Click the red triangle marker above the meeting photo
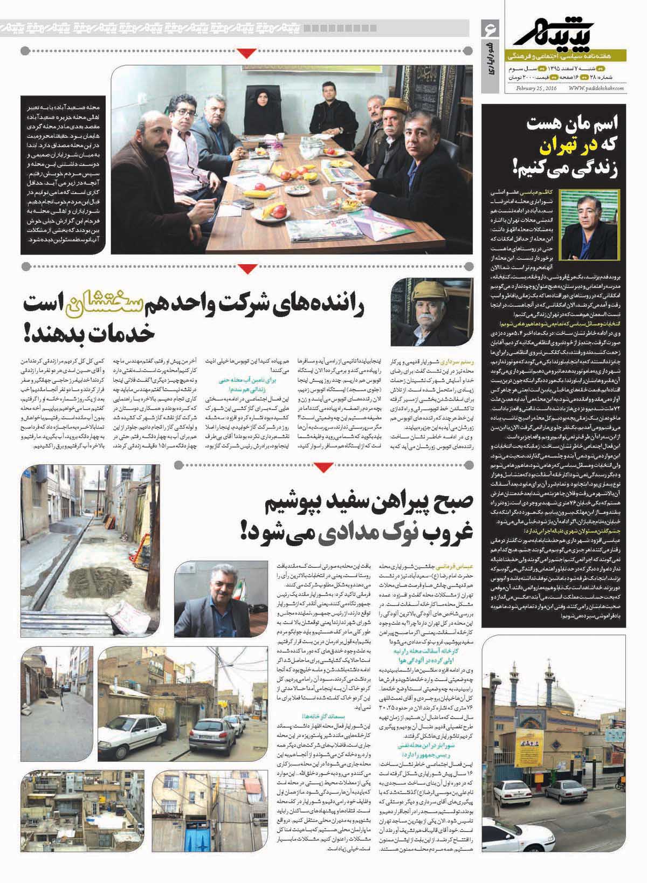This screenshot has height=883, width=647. pyautogui.click(x=248, y=52)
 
